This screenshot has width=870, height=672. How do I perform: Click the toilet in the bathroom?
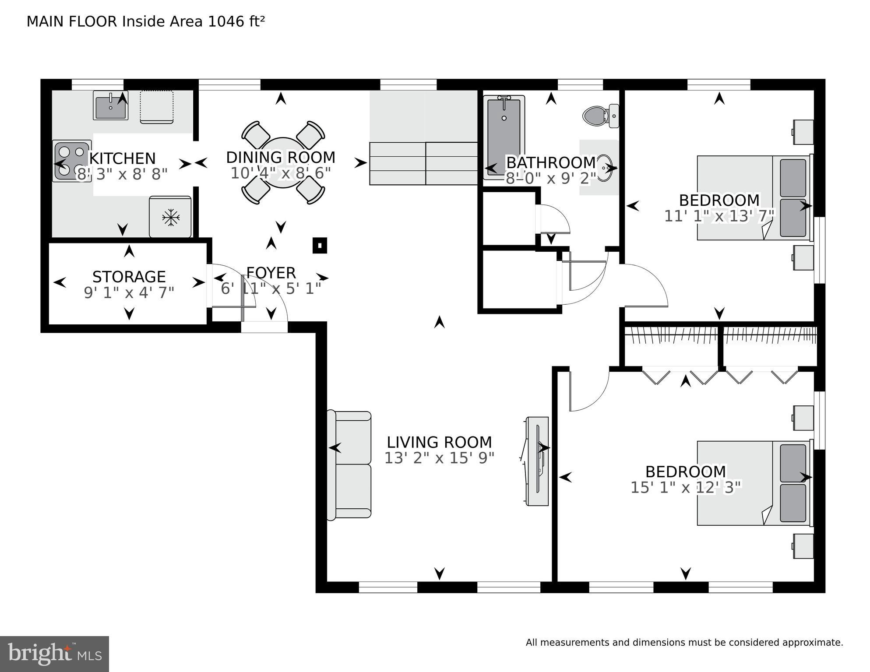pos(601,116)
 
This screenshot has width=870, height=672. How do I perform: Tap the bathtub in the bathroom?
pos(504,137)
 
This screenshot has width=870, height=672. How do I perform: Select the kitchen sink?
pos(110,106)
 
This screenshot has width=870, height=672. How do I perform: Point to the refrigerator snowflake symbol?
pos(170,217)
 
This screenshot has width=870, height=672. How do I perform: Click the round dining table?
pos(283,162)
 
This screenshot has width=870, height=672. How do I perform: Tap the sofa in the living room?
pos(349,465)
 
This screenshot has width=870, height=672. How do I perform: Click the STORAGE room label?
pos(129,277)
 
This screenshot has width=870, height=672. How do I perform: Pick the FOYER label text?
pos(271,273)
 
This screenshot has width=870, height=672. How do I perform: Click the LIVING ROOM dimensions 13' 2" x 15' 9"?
pos(439,458)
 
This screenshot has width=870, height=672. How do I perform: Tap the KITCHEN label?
pos(123,158)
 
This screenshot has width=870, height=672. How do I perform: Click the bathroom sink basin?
pos(606,168)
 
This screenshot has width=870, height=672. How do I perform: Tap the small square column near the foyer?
pos(320,246)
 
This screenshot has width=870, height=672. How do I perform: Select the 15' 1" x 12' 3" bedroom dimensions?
pos(686,487)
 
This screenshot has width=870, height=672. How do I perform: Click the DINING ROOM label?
pos(281,157)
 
